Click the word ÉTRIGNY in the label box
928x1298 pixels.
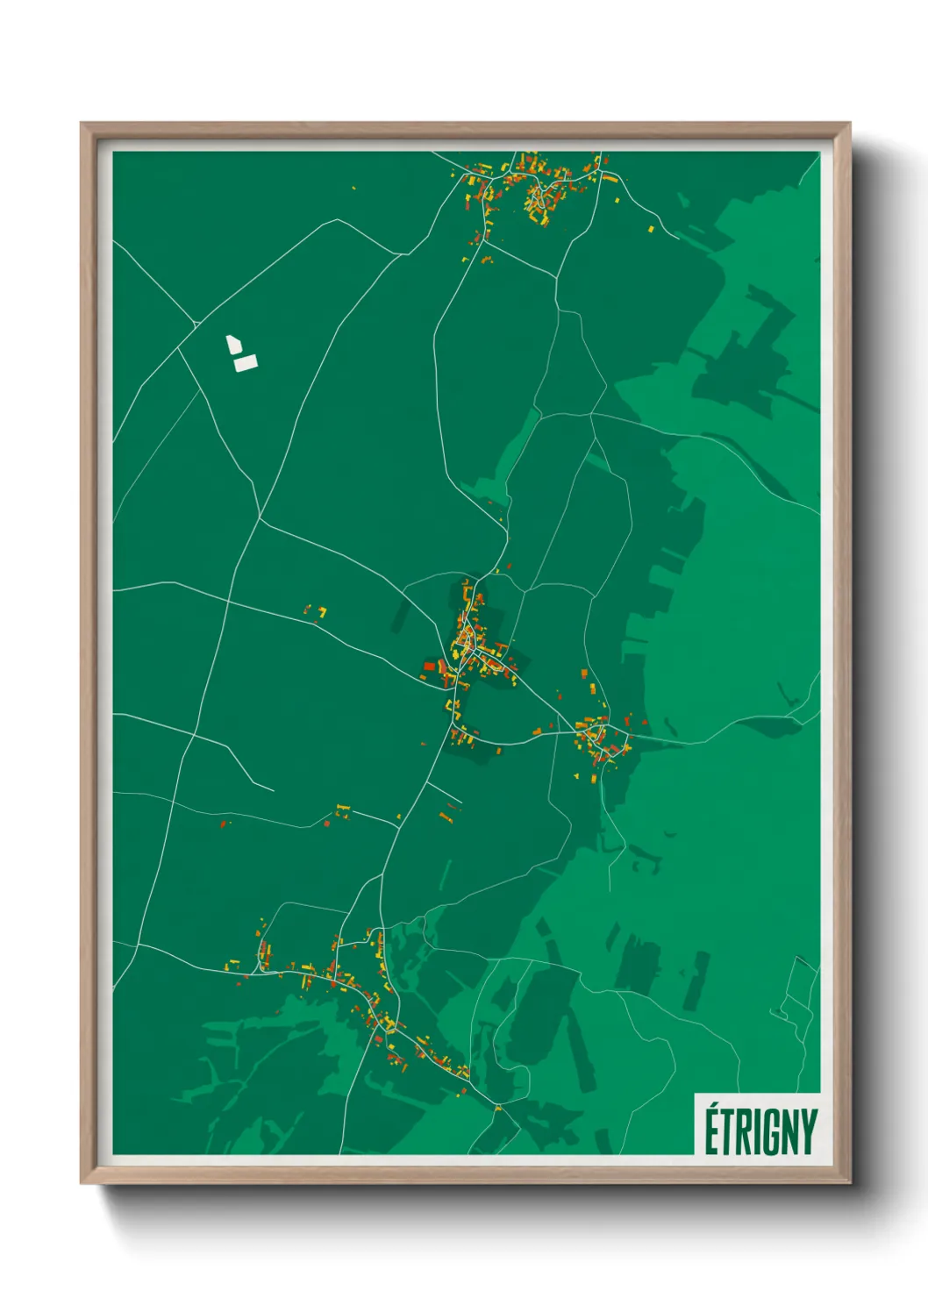click(x=760, y=1131)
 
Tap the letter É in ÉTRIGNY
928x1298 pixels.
click(x=711, y=1133)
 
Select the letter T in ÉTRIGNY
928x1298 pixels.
click(x=726, y=1133)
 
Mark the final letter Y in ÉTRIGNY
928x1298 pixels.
click(x=808, y=1133)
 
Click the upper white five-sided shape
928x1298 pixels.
click(x=233, y=344)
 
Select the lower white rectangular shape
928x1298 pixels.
click(x=246, y=362)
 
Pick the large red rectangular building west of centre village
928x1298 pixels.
click(x=430, y=666)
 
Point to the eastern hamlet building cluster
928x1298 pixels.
click(x=601, y=737)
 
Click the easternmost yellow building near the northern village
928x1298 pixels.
click(x=651, y=229)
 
